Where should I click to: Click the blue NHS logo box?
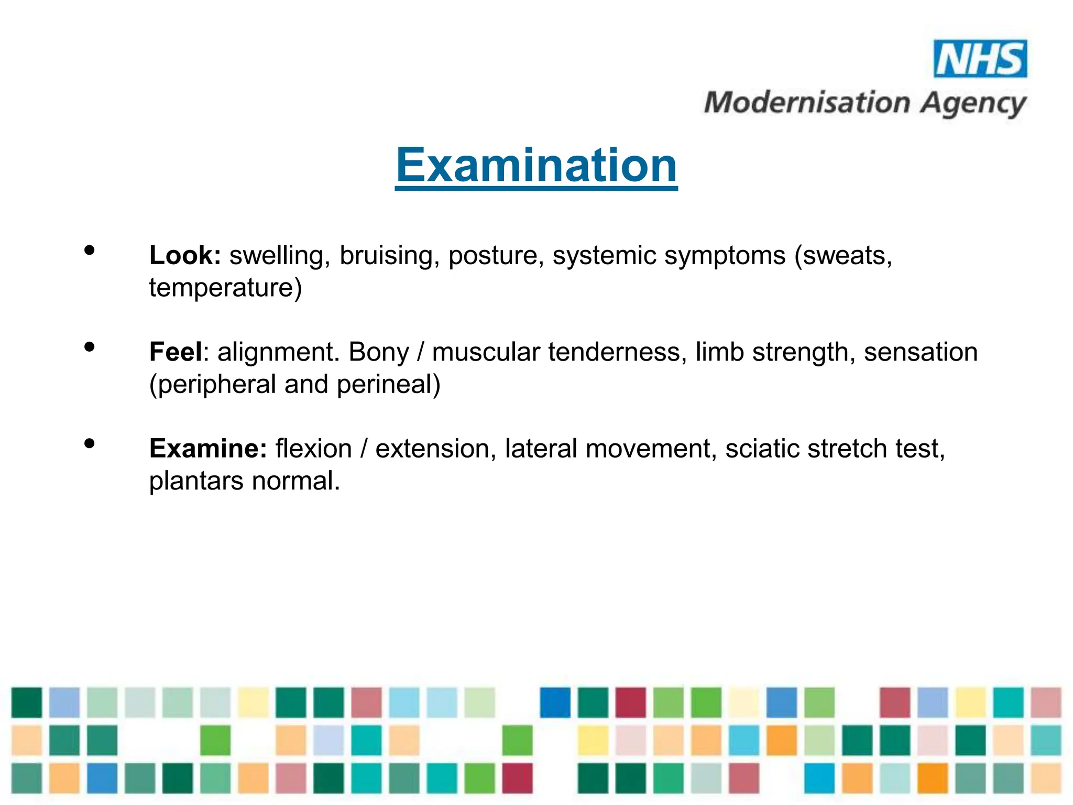click(x=980, y=59)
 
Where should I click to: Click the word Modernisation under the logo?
click(x=807, y=102)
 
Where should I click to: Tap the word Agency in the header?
click(x=973, y=104)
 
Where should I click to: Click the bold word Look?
click(x=185, y=255)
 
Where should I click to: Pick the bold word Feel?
click(x=176, y=352)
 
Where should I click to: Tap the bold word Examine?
click(x=208, y=449)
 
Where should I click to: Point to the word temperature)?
click(x=225, y=288)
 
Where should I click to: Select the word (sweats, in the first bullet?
click(x=843, y=256)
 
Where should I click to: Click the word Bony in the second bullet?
click(x=378, y=353)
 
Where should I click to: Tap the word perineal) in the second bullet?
click(x=388, y=385)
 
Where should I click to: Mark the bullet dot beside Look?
click(x=90, y=251)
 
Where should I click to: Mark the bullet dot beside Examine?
click(x=90, y=443)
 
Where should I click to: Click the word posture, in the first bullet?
click(x=496, y=256)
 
